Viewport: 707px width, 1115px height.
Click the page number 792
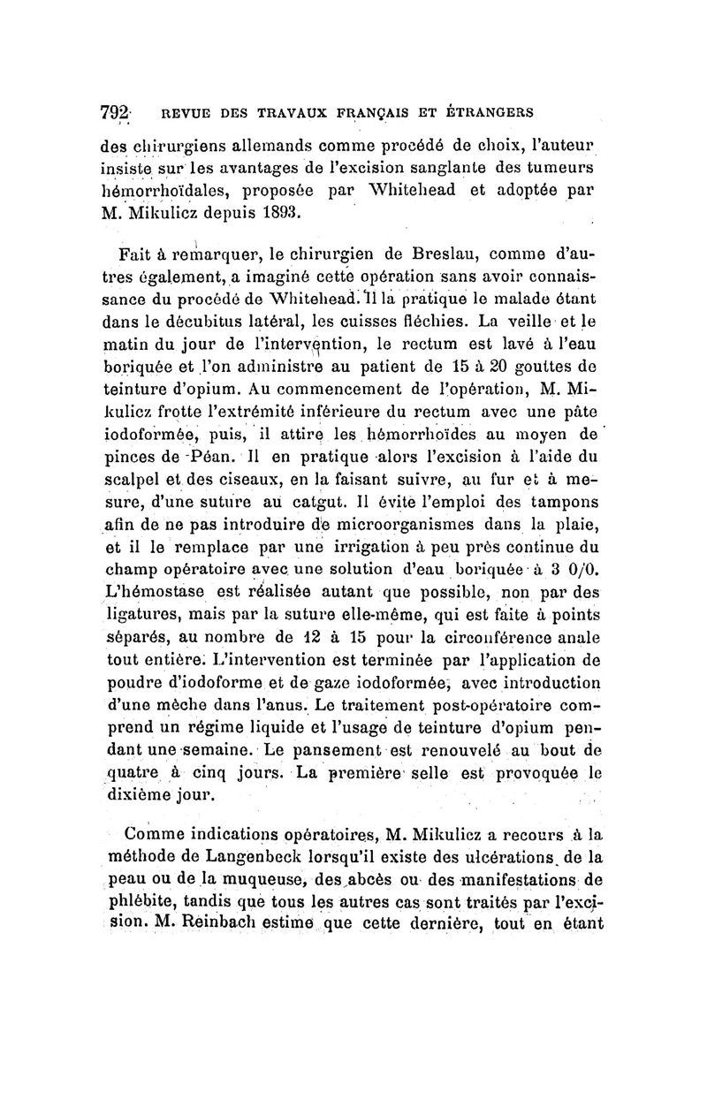(x=114, y=114)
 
